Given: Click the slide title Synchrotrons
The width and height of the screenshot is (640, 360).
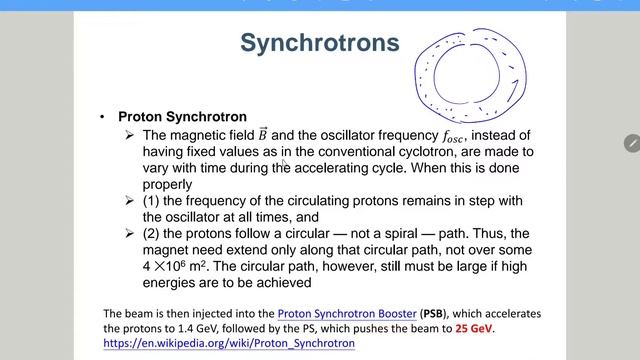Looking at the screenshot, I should click(319, 43).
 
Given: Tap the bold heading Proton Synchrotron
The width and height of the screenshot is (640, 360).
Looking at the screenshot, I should click(182, 117).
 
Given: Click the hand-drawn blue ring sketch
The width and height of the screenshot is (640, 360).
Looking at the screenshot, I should click(468, 78).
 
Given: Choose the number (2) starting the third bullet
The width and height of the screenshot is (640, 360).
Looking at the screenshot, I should click(152, 234).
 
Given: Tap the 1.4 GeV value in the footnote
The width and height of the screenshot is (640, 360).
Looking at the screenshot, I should click(187, 328).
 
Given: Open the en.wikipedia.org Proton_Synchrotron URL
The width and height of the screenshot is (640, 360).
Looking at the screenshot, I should click(229, 343).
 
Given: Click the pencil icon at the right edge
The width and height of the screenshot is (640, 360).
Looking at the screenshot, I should click(631, 143).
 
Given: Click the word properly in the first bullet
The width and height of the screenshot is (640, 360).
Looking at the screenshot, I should click(167, 184).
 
